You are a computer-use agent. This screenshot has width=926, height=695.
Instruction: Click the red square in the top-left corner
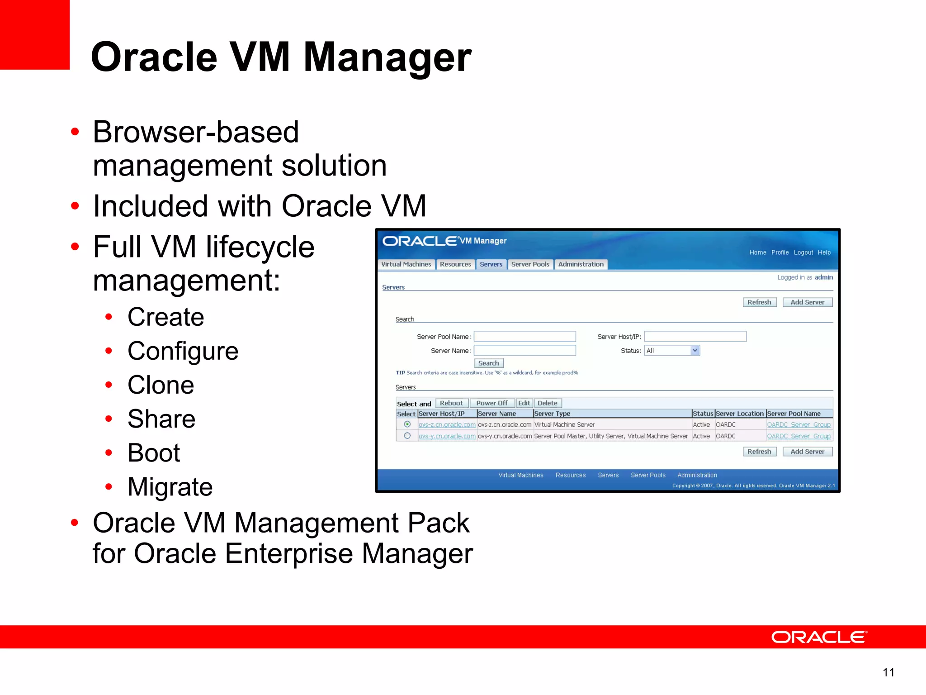coord(34,34)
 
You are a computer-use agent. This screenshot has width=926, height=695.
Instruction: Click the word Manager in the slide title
coord(387,57)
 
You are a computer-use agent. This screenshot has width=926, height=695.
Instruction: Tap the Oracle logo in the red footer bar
coord(819,637)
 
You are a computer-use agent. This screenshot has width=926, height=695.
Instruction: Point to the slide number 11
coord(888,672)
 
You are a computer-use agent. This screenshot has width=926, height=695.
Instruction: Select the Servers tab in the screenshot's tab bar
coord(491,264)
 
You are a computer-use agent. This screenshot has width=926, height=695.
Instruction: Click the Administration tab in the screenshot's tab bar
coord(581,264)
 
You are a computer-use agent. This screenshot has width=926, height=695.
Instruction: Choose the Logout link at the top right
coord(803,252)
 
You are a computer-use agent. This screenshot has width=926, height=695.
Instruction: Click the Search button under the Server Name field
coord(488,363)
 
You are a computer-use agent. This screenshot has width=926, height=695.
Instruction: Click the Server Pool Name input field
coord(524,337)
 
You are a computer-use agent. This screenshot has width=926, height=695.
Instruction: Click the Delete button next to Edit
coord(547,403)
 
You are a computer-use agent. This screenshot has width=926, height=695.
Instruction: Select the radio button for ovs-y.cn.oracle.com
coord(407,436)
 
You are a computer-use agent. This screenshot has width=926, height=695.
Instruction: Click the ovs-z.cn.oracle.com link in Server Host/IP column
coord(447,425)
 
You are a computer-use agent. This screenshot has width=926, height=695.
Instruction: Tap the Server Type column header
coord(552,414)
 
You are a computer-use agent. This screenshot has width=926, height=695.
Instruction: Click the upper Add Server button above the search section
coord(807,302)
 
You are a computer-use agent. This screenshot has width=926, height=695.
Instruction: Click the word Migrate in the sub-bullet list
coord(170,487)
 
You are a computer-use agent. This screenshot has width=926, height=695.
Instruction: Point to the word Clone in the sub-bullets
coord(161,385)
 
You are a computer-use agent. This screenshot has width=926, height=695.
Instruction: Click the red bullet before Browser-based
coord(75,132)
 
